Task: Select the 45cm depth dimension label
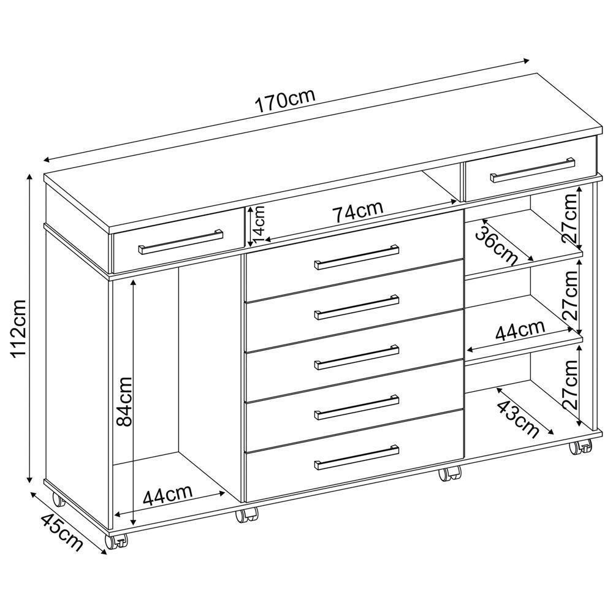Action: pos(61,531)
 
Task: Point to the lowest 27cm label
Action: pos(571,385)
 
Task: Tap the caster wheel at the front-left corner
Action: pos(116,541)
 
